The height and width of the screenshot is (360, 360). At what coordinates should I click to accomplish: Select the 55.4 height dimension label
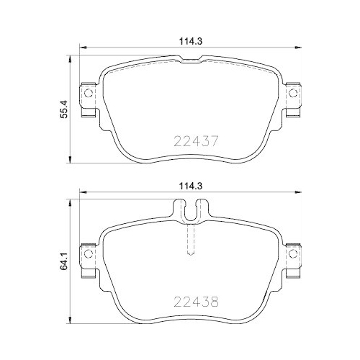coord(64,109)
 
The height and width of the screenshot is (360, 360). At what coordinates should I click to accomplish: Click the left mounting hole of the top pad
coord(88,93)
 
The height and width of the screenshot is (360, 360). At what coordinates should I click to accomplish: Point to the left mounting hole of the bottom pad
coord(88,254)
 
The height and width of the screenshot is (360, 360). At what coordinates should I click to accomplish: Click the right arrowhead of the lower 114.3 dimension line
coord(298,193)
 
